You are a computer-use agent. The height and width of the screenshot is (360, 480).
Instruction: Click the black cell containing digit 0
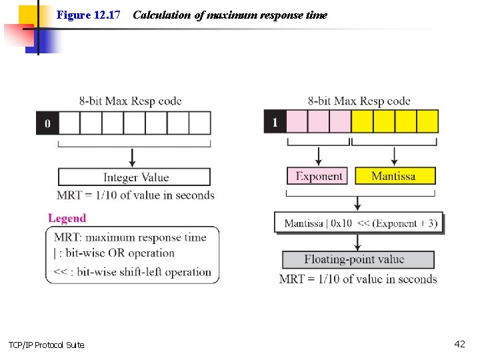tap(47, 123)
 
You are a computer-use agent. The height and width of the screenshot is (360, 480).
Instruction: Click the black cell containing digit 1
tap(275, 122)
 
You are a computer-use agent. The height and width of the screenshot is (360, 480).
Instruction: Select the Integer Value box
tap(135, 177)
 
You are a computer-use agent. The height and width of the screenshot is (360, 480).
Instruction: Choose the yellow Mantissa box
tap(394, 176)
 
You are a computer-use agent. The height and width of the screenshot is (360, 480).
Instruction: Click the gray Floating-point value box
tap(358, 259)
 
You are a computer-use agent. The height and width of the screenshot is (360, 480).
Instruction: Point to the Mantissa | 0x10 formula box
tap(360, 223)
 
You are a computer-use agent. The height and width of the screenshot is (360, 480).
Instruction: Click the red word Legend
tap(67, 218)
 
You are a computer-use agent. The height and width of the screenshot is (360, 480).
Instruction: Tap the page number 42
tap(459, 344)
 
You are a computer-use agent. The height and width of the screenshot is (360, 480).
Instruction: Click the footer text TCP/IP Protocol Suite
tap(47, 345)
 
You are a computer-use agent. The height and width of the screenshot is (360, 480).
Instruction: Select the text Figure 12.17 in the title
tap(88, 15)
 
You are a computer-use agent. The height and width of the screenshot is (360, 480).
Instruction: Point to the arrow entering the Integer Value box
tap(132, 159)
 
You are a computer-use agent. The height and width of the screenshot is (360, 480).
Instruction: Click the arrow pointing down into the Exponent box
tap(318, 157)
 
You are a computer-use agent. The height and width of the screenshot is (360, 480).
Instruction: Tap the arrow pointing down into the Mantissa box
tap(394, 157)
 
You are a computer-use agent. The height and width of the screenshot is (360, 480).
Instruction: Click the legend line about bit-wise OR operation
tap(114, 253)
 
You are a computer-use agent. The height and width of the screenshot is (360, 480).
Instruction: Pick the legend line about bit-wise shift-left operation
tap(132, 271)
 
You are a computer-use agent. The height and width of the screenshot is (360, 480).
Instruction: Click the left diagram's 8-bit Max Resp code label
tap(130, 101)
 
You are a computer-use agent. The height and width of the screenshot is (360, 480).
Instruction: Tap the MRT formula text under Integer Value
tap(136, 195)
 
